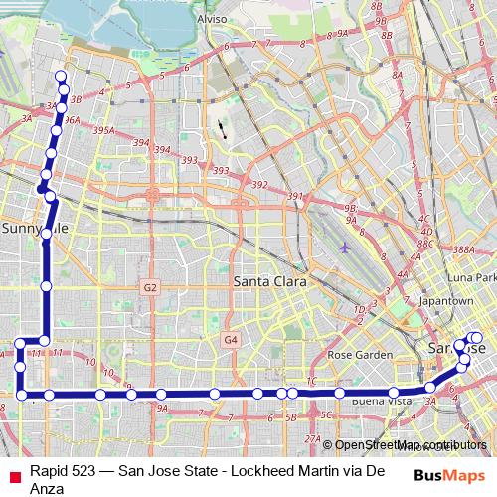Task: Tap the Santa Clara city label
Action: point(265,281)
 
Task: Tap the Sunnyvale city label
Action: point(34,228)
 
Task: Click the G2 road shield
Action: point(150,288)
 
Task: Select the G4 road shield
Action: point(231,340)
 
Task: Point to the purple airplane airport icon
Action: point(344,247)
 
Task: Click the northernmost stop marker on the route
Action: point(61,77)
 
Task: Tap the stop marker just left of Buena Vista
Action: point(340,394)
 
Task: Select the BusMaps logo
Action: point(449,476)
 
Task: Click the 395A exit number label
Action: point(103,130)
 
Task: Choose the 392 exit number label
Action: point(260,185)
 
